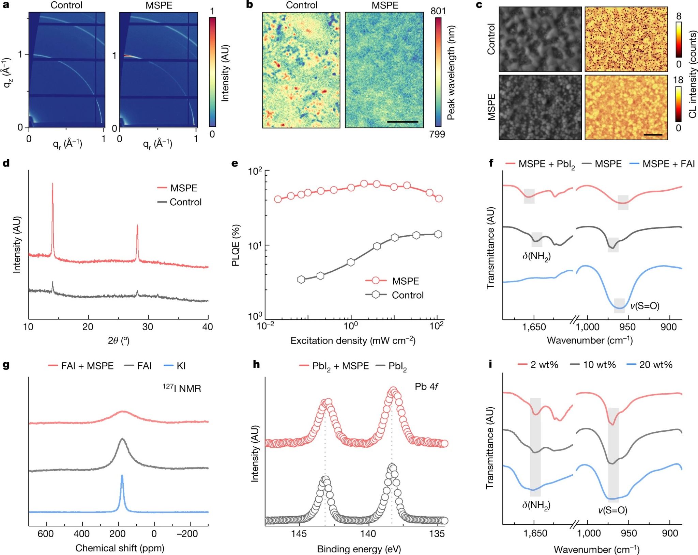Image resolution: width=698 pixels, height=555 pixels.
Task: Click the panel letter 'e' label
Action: tap(234, 163)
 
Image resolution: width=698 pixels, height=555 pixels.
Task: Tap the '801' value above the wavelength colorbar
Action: tap(438, 11)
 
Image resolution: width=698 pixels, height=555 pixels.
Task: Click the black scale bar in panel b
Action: tap(403, 122)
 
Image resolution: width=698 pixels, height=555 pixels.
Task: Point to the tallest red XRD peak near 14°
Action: tap(52, 184)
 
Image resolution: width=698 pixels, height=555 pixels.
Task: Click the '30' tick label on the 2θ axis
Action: tap(148, 327)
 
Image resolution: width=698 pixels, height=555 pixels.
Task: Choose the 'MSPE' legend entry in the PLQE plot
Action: tap(405, 281)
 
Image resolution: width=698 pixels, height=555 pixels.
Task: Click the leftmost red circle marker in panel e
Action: tap(278, 199)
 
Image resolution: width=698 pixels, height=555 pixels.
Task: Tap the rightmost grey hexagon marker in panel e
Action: tap(438, 234)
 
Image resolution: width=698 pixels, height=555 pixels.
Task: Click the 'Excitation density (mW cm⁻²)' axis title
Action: tap(353, 340)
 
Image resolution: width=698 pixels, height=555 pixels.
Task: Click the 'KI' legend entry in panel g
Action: tap(181, 366)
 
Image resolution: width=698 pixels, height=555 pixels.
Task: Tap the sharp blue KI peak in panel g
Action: tap(122, 477)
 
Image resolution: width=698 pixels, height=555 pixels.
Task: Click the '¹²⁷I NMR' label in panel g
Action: tap(182, 388)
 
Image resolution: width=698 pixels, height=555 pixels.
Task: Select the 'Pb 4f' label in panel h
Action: tap(426, 387)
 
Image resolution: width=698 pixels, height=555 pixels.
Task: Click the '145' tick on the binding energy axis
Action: tap(299, 533)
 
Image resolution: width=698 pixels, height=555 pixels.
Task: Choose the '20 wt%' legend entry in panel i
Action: tap(655, 365)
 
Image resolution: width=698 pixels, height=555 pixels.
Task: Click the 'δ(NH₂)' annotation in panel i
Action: tap(536, 505)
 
